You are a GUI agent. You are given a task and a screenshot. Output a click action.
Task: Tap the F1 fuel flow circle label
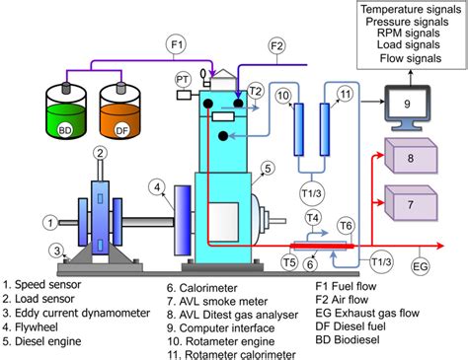177,44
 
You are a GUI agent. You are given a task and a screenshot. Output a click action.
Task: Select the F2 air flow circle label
277,44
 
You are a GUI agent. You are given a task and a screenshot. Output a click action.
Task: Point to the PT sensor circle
183,78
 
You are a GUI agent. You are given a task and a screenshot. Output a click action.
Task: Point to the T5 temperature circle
289,261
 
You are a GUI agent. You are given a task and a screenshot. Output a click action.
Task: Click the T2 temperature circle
257,90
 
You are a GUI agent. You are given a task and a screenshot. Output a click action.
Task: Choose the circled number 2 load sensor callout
100,151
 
